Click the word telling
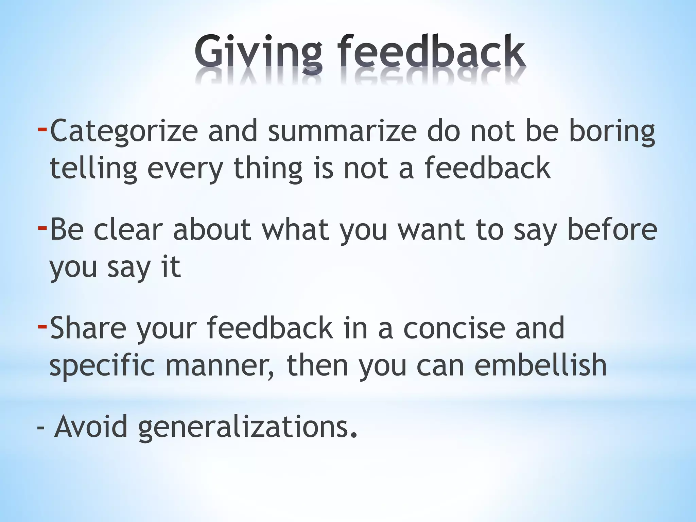[x=93, y=169]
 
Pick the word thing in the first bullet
[x=268, y=169]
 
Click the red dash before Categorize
[x=42, y=129]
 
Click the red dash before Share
[x=42, y=326]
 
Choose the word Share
[x=88, y=328]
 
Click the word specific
[x=102, y=365]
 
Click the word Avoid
[x=91, y=427]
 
